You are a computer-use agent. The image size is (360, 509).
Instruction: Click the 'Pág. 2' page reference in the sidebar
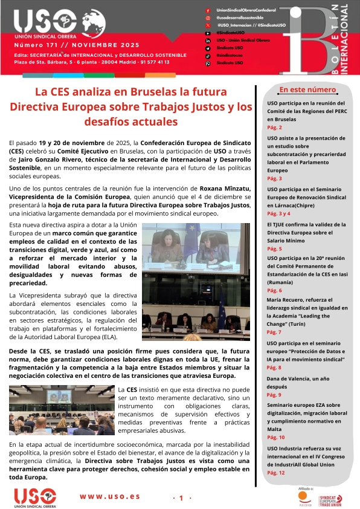tap(274, 128)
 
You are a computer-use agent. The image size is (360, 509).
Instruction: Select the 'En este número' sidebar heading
tap(307, 90)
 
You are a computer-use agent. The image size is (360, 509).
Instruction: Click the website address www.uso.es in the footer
tap(110, 496)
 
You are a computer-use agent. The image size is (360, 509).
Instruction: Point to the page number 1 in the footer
tap(181, 498)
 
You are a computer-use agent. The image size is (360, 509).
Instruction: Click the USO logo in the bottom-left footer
tap(36, 498)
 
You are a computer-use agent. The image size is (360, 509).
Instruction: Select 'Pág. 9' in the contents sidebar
tap(274, 395)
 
